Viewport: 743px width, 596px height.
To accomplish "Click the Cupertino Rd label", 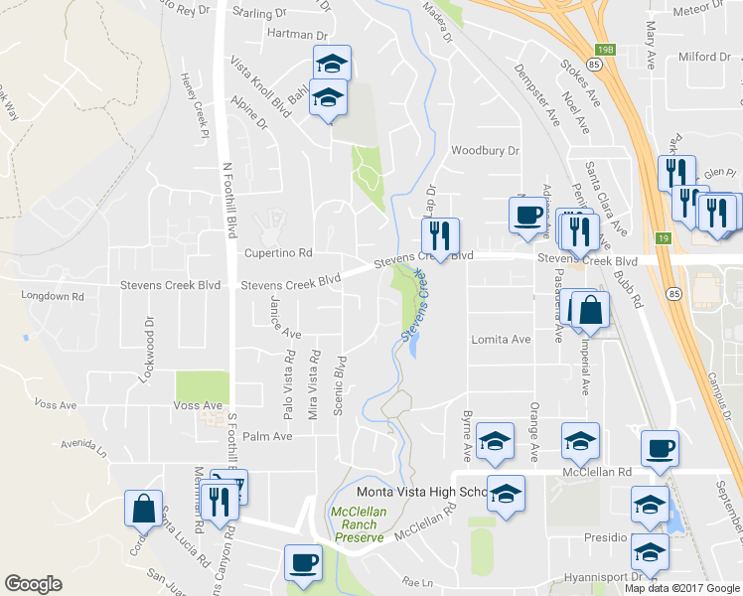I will click(x=278, y=253).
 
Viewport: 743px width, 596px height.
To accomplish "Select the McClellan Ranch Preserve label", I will click(x=357, y=524).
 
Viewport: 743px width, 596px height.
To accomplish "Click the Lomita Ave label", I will click(x=501, y=339).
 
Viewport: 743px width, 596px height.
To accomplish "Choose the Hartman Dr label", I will click(x=290, y=33).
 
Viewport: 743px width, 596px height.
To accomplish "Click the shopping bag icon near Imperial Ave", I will click(x=591, y=311).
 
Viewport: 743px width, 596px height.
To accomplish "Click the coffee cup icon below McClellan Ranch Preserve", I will click(x=304, y=562).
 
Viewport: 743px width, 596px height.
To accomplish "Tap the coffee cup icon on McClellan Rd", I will click(x=660, y=448).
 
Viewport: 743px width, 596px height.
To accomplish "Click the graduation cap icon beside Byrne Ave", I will click(x=495, y=441).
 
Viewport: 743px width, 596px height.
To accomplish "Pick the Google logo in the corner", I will click(x=33, y=584).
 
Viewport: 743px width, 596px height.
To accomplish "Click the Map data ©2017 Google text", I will click(x=680, y=588).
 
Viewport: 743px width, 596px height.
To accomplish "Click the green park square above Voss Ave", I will click(x=202, y=386).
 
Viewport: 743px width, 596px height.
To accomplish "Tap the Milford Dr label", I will click(x=704, y=57).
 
